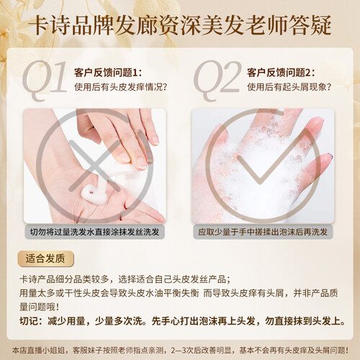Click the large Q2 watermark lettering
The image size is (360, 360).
click(x=217, y=79)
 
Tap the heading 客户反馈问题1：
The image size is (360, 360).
click(x=108, y=73)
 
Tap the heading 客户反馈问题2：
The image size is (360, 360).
click(x=281, y=73)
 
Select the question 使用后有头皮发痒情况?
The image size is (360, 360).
click(x=120, y=87)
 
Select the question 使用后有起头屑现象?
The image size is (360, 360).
click(x=289, y=87)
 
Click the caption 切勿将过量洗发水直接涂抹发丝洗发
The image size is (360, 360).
click(x=94, y=232)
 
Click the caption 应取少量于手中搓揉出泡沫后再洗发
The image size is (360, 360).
click(x=263, y=232)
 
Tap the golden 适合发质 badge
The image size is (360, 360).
click(x=45, y=258)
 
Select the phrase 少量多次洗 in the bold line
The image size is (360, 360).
click(x=119, y=321)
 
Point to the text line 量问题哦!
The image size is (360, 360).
click(x=39, y=307)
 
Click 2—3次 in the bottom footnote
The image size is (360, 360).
click(x=182, y=350)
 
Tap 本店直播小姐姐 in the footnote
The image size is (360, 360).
click(x=38, y=350)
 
